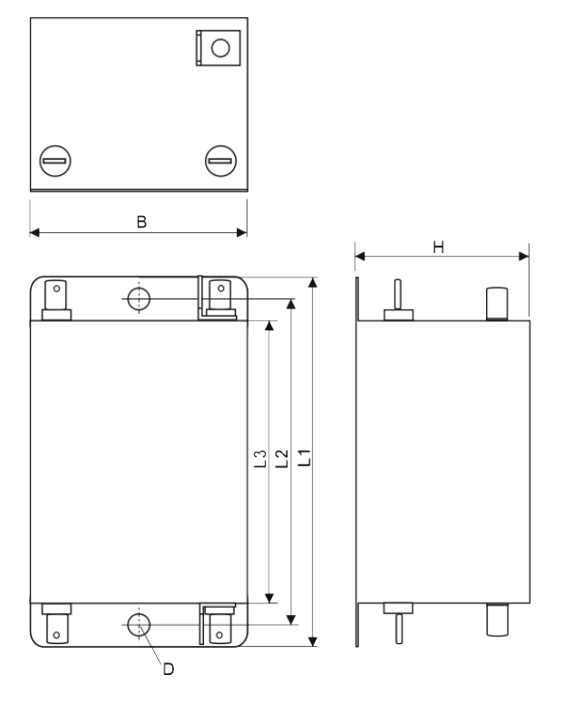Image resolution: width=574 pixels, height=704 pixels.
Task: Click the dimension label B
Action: pyautogui.click(x=141, y=221)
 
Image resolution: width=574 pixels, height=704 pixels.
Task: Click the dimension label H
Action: pyautogui.click(x=439, y=247)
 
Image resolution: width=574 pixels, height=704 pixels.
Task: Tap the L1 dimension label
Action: pyautogui.click(x=305, y=457)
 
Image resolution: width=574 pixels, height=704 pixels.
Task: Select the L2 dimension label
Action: pyautogui.click(x=282, y=458)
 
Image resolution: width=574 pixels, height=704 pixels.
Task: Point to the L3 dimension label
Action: pyautogui.click(x=260, y=459)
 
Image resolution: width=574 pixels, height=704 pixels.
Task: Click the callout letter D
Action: pyautogui.click(x=169, y=670)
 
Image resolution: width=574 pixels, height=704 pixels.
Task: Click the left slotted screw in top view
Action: pyautogui.click(x=55, y=161)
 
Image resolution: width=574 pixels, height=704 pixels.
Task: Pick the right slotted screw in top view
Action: pyautogui.click(x=220, y=161)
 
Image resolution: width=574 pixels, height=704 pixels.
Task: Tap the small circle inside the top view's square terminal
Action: pyautogui.click(x=220, y=47)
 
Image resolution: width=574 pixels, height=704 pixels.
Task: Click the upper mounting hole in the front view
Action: pyautogui.click(x=139, y=299)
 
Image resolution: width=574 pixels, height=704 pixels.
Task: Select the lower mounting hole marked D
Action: pyautogui.click(x=139, y=624)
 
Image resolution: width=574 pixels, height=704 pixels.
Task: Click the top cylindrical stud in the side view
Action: pyautogui.click(x=497, y=304)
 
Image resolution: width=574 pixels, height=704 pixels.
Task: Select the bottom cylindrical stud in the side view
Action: pyautogui.click(x=497, y=620)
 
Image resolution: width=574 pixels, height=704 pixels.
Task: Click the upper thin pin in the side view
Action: pyautogui.click(x=398, y=295)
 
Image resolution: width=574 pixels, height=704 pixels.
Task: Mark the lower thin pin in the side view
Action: pyautogui.click(x=398, y=629)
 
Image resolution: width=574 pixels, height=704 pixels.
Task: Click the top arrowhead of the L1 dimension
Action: pyautogui.click(x=313, y=282)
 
